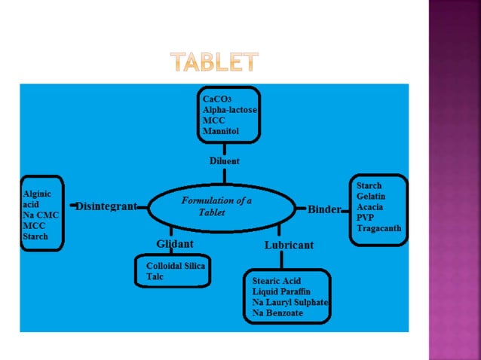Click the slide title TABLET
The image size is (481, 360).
pos(214,62)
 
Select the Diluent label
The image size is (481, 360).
pos(225,160)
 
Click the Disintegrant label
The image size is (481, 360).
pos(106,206)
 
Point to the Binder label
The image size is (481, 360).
pos(324,209)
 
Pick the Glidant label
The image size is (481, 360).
pos(174,243)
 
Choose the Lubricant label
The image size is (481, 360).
pos(289,245)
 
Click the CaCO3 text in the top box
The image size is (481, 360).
pos(216,99)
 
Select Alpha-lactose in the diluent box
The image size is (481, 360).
pos(229,109)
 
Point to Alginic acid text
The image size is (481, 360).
pos(36,199)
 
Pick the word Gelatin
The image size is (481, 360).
pos(372,196)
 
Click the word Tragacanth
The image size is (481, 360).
pos(379,227)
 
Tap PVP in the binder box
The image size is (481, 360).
pos(366,217)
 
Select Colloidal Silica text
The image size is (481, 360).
pos(176,266)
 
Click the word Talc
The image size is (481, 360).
pos(154,277)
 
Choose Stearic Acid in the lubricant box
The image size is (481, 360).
pos(277,281)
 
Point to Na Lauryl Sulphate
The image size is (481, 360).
pos(291,302)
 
